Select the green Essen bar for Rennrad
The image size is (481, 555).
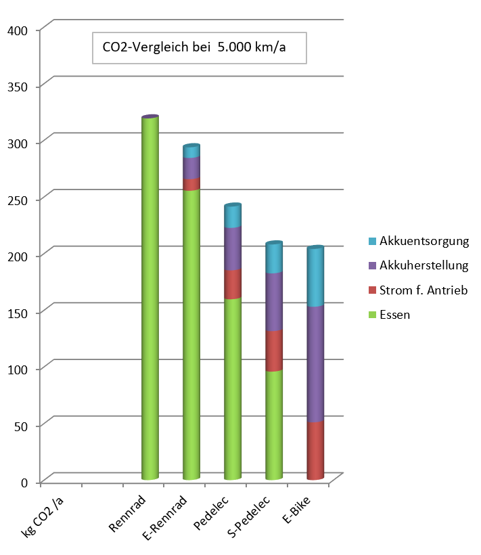(x=150, y=298)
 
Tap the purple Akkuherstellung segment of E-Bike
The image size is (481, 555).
(x=315, y=363)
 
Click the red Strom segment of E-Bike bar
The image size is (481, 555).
(x=315, y=450)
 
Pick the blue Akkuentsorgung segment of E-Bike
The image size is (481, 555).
(x=315, y=277)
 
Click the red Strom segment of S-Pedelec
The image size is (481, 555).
(x=274, y=351)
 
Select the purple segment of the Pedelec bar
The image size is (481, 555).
(x=233, y=248)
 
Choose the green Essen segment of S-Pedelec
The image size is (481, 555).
(x=274, y=424)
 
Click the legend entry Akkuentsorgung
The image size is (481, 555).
(x=424, y=241)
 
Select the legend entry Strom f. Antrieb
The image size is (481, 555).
(x=423, y=290)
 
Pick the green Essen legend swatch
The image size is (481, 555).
(x=372, y=315)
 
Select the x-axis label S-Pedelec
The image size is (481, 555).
(x=250, y=518)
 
